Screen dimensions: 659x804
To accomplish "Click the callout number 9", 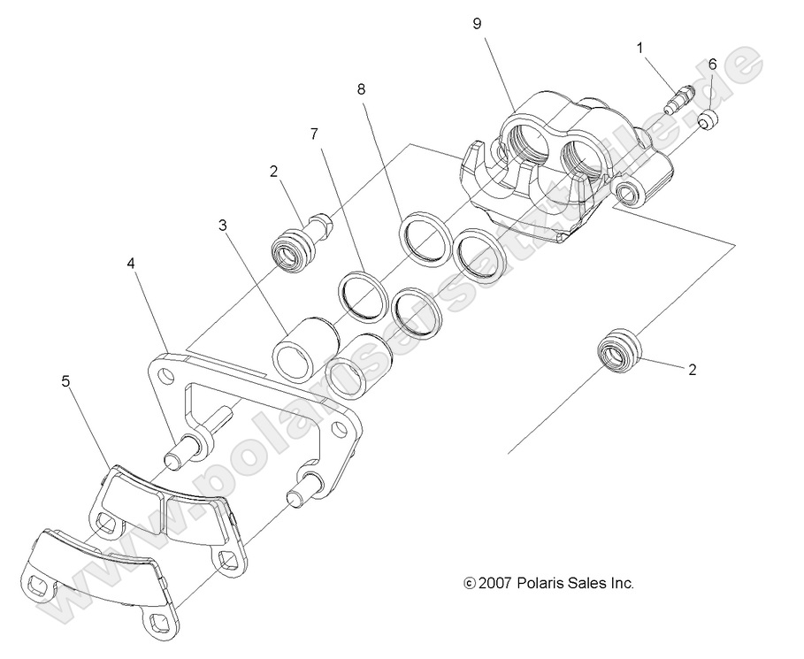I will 477,24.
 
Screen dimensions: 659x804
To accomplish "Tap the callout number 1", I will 639,50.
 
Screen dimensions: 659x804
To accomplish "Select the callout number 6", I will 712,64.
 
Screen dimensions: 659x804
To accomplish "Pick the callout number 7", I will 313,134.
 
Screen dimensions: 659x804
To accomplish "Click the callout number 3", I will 224,226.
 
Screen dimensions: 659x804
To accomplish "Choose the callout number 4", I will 131,264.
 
